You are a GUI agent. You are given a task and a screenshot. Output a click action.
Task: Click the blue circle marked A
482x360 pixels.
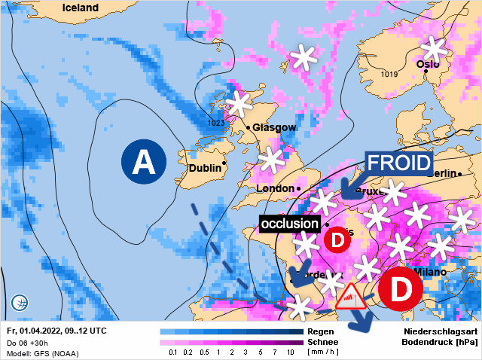(x=143, y=162)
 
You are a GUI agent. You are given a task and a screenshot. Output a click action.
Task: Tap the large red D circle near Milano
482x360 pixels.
(x=400, y=289)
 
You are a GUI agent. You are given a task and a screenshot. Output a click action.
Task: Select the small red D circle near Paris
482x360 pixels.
(x=338, y=240)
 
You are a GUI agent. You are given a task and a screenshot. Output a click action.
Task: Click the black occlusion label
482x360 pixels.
(x=289, y=224)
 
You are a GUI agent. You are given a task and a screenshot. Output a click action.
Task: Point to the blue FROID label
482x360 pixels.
(x=399, y=163)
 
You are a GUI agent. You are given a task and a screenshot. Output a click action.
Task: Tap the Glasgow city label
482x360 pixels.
(x=273, y=127)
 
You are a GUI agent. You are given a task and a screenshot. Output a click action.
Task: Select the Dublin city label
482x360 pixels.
(x=205, y=169)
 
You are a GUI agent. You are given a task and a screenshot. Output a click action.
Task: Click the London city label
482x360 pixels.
(x=276, y=188)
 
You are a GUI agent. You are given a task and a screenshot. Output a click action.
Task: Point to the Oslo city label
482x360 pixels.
(x=428, y=64)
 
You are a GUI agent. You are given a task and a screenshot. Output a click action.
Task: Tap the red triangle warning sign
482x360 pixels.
(x=351, y=298)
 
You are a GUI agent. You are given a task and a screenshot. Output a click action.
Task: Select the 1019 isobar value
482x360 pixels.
(x=389, y=74)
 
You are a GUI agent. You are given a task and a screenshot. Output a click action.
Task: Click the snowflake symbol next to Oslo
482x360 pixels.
(x=434, y=50)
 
